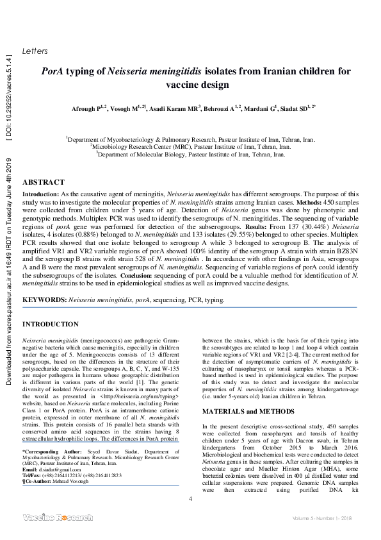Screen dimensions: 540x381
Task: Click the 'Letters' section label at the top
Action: (35, 51)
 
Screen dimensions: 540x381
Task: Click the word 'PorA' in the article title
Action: (55, 72)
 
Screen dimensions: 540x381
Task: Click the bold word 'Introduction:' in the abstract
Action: (42, 193)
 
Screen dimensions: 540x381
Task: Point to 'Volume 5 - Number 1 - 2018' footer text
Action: (323, 518)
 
